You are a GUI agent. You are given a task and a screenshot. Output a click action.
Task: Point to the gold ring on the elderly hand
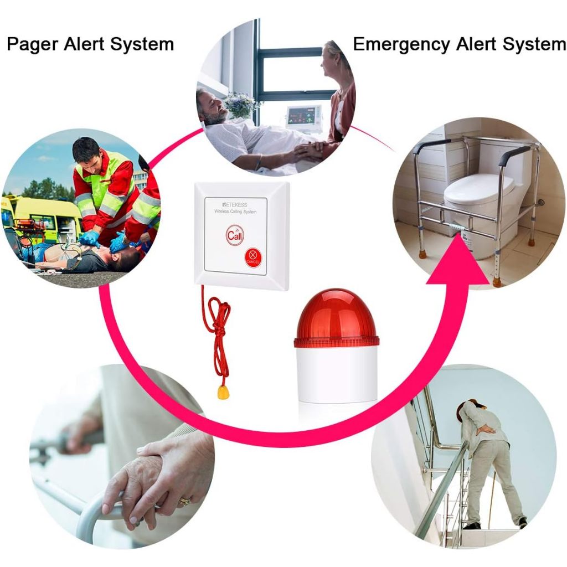pyautogui.click(x=184, y=502)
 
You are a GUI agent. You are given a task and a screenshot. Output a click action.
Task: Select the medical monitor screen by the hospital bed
pyautogui.click(x=303, y=116)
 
